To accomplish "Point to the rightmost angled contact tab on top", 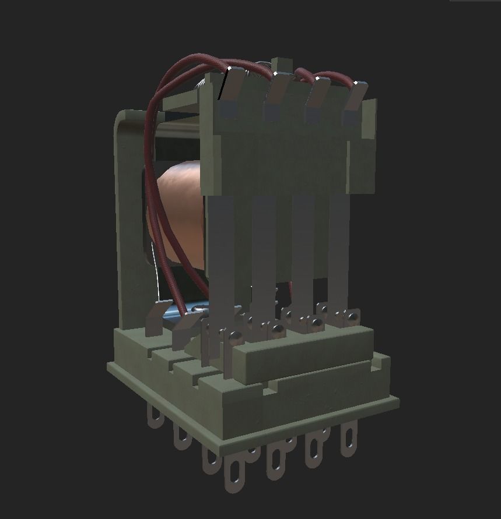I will point(355,104).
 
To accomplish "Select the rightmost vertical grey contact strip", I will point(338,250).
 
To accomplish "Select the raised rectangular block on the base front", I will point(303,352).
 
